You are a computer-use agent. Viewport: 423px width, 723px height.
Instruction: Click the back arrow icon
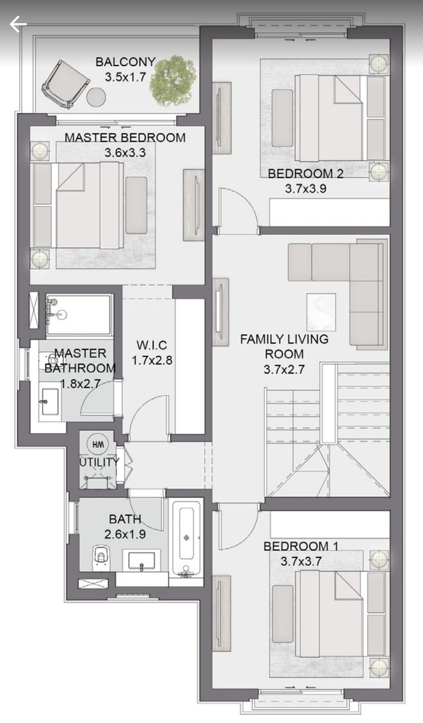[18, 24]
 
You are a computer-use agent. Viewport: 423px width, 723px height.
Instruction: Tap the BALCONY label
[126, 62]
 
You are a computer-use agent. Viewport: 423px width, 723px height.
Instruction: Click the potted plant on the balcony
[173, 80]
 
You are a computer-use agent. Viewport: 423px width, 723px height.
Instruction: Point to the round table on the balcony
[96, 97]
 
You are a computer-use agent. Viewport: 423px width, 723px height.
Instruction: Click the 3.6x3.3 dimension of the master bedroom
[125, 152]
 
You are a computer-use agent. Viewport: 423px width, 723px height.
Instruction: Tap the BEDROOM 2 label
[305, 174]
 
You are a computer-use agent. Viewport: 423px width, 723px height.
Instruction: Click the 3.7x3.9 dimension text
[305, 189]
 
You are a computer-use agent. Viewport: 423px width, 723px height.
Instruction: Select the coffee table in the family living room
[321, 312]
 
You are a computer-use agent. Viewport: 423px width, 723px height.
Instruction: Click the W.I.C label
[152, 345]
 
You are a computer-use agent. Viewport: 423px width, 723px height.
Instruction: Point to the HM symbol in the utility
[99, 445]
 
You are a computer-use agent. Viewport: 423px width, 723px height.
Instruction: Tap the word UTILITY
[99, 462]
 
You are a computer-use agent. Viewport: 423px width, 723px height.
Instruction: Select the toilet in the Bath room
[101, 558]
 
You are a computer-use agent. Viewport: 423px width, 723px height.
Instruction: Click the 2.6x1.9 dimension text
[125, 534]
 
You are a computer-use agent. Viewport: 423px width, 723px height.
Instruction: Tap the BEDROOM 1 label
[301, 546]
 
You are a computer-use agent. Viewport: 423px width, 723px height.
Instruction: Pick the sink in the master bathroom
[50, 401]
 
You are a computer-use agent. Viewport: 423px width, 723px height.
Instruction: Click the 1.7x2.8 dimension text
[152, 360]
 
